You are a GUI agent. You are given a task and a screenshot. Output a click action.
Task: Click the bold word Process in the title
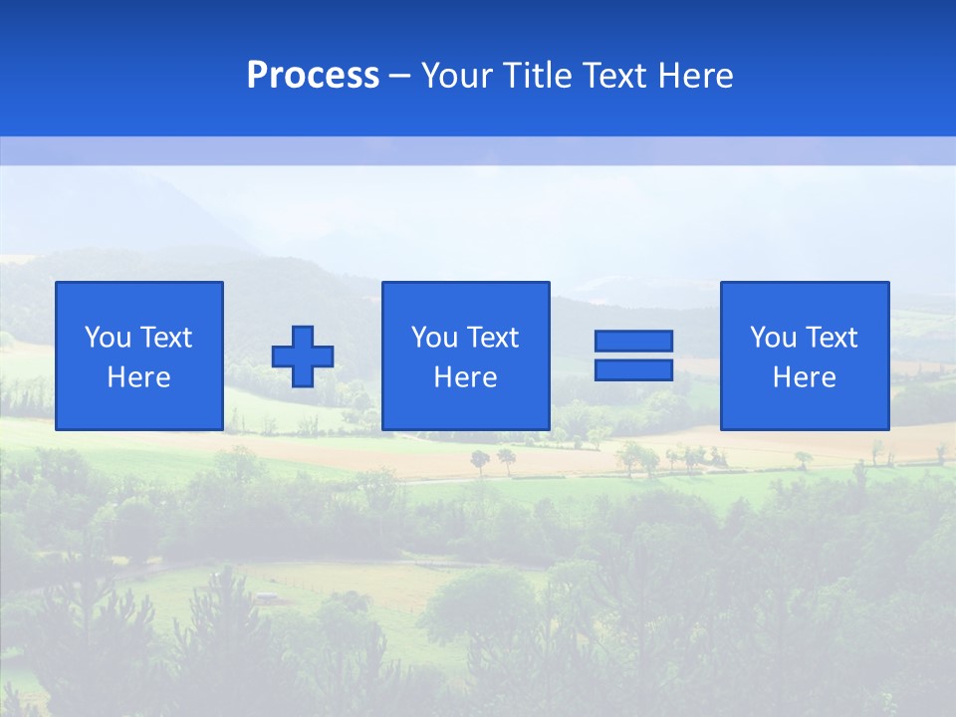(313, 76)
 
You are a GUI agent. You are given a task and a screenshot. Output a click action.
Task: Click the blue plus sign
(303, 356)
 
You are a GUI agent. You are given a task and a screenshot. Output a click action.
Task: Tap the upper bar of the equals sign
(633, 341)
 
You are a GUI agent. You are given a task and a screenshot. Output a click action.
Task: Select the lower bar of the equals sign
(633, 369)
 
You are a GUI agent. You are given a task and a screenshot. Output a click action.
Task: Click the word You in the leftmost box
(107, 338)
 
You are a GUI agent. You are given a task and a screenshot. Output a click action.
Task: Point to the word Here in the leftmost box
(139, 377)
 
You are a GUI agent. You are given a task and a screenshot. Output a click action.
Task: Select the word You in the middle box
(434, 338)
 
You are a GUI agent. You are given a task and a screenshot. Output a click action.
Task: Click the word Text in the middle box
(491, 338)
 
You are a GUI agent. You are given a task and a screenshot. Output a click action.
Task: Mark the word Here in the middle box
(466, 377)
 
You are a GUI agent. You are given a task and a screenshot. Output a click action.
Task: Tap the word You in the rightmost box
(773, 338)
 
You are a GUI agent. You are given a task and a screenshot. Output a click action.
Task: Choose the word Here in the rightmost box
(805, 377)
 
